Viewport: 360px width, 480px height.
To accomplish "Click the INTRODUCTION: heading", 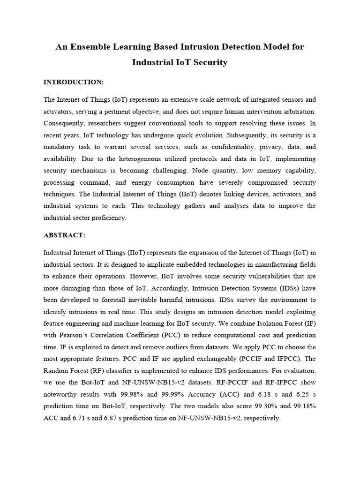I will click(x=73, y=82).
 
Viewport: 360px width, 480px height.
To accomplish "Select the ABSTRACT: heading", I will click(x=64, y=235).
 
